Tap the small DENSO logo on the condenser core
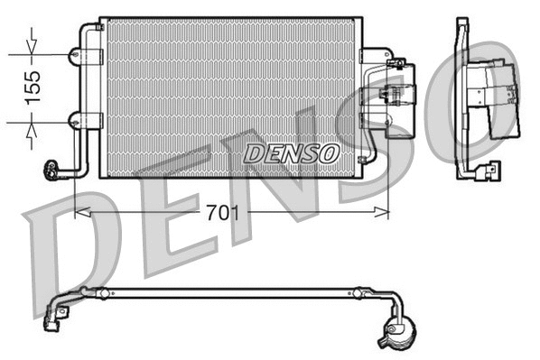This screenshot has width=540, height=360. click(291, 153)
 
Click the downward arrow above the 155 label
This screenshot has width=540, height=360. click(33, 44)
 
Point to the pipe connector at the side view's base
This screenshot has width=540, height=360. click(489, 169)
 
